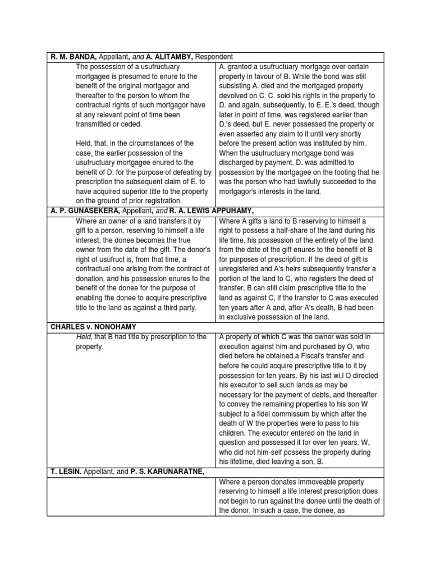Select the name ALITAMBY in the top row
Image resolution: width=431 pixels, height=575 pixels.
pyautogui.click(x=171, y=57)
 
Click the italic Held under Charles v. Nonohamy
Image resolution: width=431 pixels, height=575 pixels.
pyautogui.click(x=84, y=336)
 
